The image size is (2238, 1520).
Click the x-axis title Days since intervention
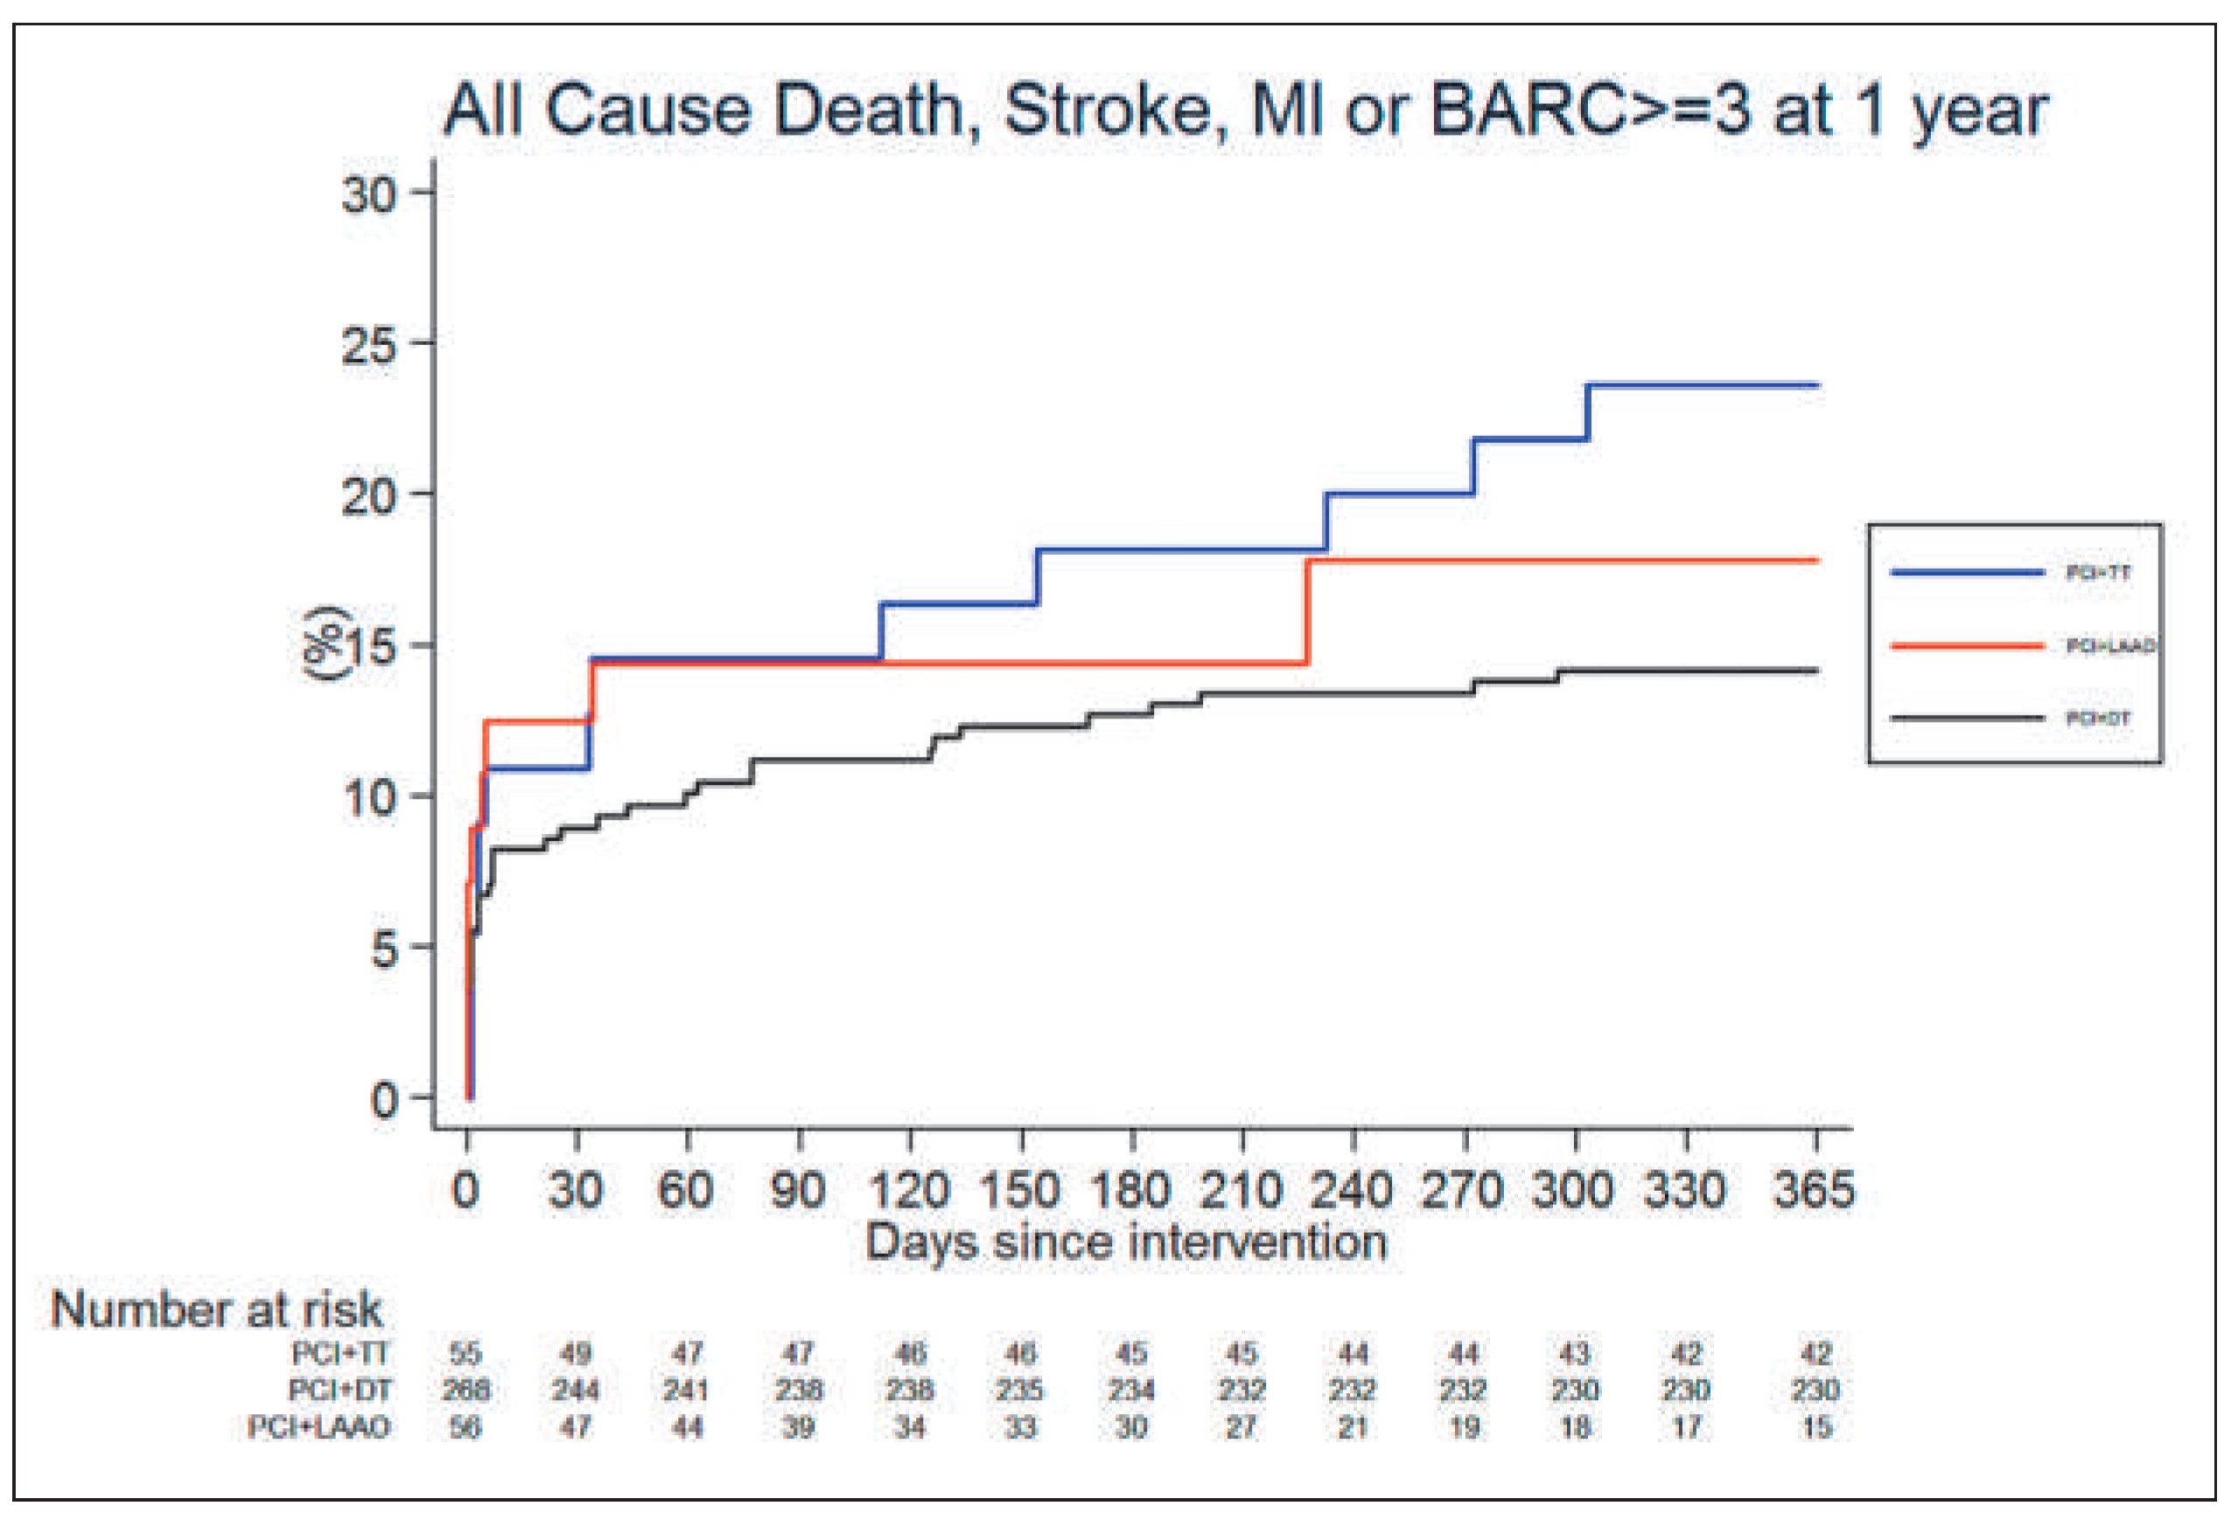pos(1126,1241)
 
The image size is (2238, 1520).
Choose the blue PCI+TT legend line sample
pos(1967,572)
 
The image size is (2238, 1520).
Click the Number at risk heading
pos(217,1309)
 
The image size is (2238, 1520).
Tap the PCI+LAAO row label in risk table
pos(318,1426)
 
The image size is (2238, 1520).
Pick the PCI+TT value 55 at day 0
pos(465,1354)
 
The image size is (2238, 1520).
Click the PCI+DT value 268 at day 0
pos(465,1390)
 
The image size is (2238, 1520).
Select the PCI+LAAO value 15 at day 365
pos(1815,1426)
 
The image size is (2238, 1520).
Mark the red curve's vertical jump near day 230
pos(1307,612)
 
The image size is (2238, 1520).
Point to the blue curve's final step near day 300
pos(1586,412)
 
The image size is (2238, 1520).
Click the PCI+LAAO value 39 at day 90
pos(797,1426)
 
